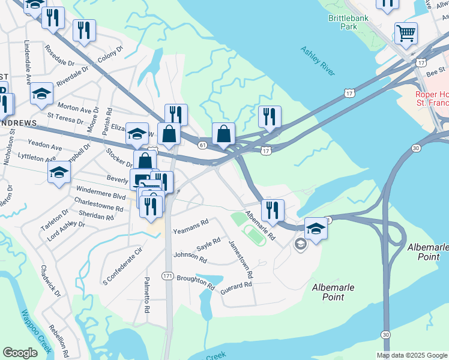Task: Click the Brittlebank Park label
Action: [348, 23]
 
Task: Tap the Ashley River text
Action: [318, 61]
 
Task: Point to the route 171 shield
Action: [168, 275]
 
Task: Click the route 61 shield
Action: [203, 145]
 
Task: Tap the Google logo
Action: [20, 353]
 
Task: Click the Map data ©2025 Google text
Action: [412, 355]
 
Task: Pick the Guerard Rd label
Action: [235, 287]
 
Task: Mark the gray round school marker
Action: [300, 244]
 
